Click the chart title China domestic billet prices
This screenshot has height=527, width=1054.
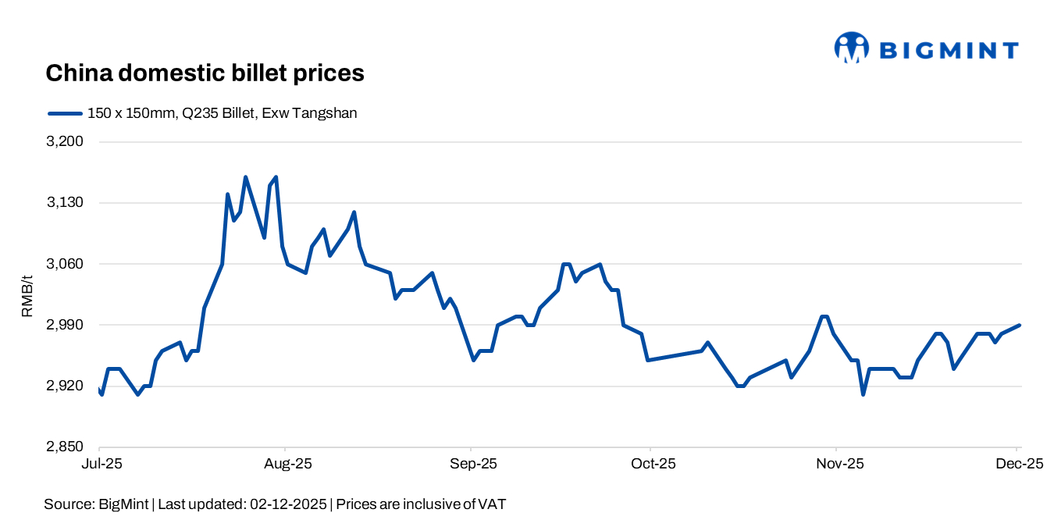(x=205, y=73)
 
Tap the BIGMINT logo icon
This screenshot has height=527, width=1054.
(x=851, y=48)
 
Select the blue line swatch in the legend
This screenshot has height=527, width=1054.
(x=65, y=113)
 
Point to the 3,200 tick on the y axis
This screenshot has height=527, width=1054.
(x=66, y=142)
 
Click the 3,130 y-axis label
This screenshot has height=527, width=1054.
(x=66, y=203)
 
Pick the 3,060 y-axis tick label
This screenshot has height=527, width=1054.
(x=66, y=264)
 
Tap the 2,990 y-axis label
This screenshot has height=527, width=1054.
(x=66, y=325)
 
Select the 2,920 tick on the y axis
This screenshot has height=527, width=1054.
(x=66, y=386)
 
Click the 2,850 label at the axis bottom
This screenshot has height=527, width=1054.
(x=66, y=447)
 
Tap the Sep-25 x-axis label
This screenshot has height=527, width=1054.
(x=471, y=464)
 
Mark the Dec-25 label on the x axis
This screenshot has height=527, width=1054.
(x=1017, y=464)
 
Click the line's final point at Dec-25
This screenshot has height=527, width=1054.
(x=1020, y=325)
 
